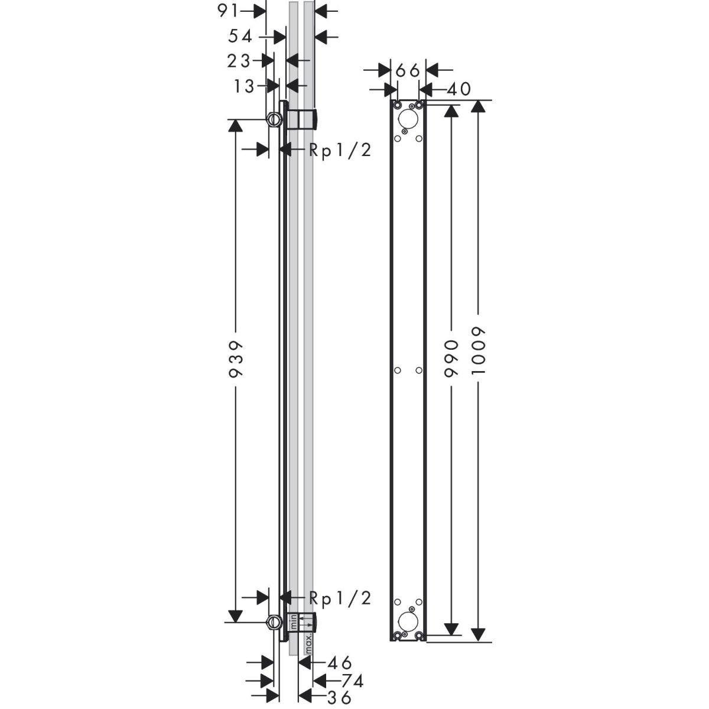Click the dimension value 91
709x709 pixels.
click(x=229, y=11)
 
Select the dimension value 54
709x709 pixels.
click(x=240, y=37)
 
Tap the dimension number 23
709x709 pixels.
click(x=239, y=61)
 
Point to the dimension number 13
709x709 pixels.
click(x=244, y=86)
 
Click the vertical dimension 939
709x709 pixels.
click(x=236, y=359)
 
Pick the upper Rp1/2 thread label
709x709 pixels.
click(x=340, y=150)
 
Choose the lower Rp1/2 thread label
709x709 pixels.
click(x=340, y=599)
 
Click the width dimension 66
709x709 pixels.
click(x=408, y=70)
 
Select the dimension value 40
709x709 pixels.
click(x=459, y=89)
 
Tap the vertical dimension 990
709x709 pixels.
click(x=451, y=359)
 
